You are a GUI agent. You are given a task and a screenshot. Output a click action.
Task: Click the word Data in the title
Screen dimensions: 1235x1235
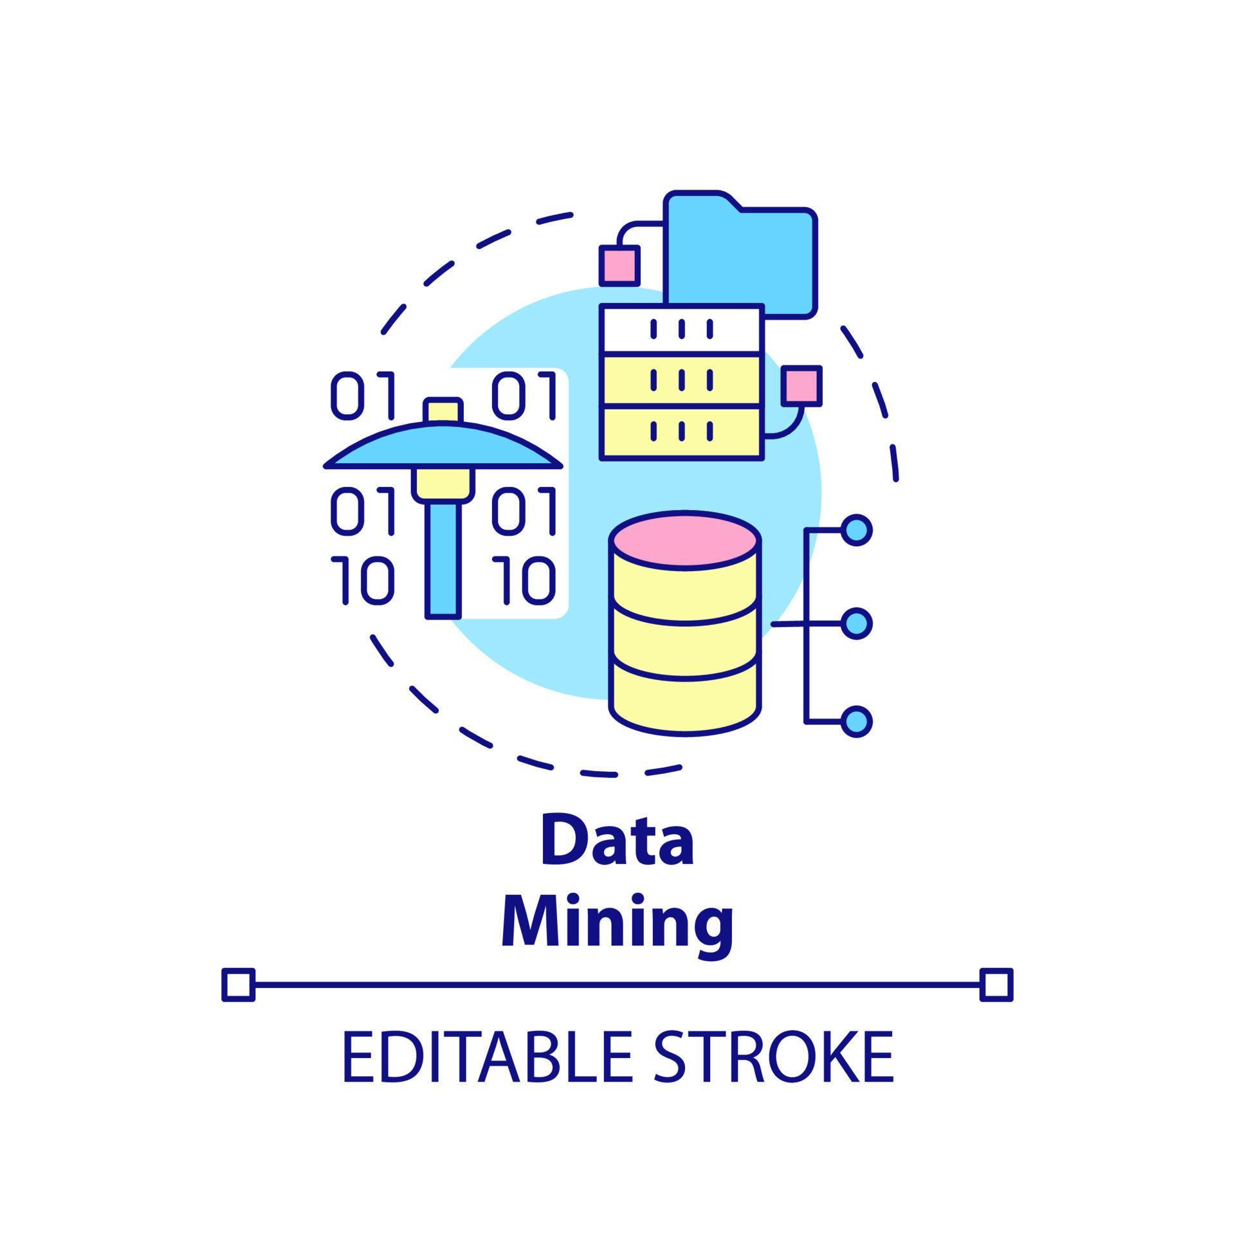pyautogui.click(x=617, y=841)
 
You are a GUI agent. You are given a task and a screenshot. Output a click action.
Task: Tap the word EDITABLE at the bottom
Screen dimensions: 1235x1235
pyautogui.click(x=487, y=1057)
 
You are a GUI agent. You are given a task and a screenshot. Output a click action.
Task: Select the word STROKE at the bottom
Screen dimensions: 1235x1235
pyautogui.click(x=774, y=1057)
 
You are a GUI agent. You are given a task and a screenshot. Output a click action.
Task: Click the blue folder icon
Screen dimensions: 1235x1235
pyautogui.click(x=741, y=255)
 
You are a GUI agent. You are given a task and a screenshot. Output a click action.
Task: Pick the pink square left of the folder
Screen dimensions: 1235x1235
pyautogui.click(x=619, y=265)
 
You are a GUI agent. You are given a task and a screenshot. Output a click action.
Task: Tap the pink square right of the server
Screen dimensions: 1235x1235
pyautogui.click(x=801, y=385)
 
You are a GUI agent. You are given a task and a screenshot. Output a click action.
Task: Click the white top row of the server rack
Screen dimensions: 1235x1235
pyautogui.click(x=682, y=328)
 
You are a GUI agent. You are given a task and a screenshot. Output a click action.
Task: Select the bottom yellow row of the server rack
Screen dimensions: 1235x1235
pyautogui.click(x=682, y=432)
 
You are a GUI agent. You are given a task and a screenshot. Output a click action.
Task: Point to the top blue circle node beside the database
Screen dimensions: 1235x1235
pyautogui.click(x=857, y=530)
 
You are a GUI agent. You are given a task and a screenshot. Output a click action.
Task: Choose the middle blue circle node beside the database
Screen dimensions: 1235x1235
pyautogui.click(x=857, y=623)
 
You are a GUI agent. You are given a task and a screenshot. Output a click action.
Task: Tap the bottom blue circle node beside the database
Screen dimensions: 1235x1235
pyautogui.click(x=857, y=721)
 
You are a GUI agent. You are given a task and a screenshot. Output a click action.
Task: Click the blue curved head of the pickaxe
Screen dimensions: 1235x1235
pyautogui.click(x=443, y=446)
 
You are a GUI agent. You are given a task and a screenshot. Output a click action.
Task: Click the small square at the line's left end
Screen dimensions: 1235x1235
pyautogui.click(x=238, y=985)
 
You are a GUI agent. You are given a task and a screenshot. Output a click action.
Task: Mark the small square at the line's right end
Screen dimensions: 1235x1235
pyautogui.click(x=996, y=985)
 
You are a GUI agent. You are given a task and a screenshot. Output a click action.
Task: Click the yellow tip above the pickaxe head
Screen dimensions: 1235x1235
pyautogui.click(x=443, y=410)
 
